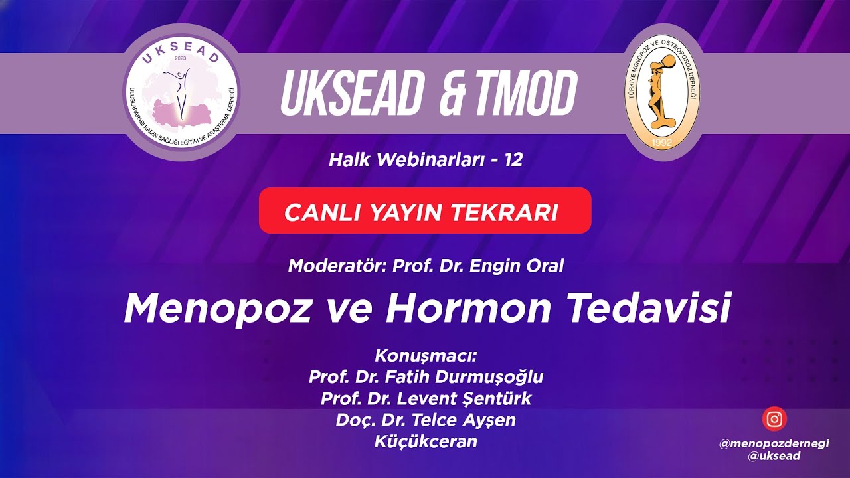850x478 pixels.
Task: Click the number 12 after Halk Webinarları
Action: tap(513, 159)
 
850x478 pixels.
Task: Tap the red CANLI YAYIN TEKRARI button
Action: tap(424, 211)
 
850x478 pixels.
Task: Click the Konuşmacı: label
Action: tap(426, 355)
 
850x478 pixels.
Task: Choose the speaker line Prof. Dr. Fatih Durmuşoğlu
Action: tap(426, 377)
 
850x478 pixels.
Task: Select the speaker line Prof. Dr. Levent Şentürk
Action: tap(426, 399)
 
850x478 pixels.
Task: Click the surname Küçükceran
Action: tap(426, 441)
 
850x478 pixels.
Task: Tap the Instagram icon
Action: tap(774, 419)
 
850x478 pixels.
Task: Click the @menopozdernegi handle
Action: tap(774, 444)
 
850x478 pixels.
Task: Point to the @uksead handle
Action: tap(774, 456)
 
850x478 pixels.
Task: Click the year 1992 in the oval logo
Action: tap(665, 141)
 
